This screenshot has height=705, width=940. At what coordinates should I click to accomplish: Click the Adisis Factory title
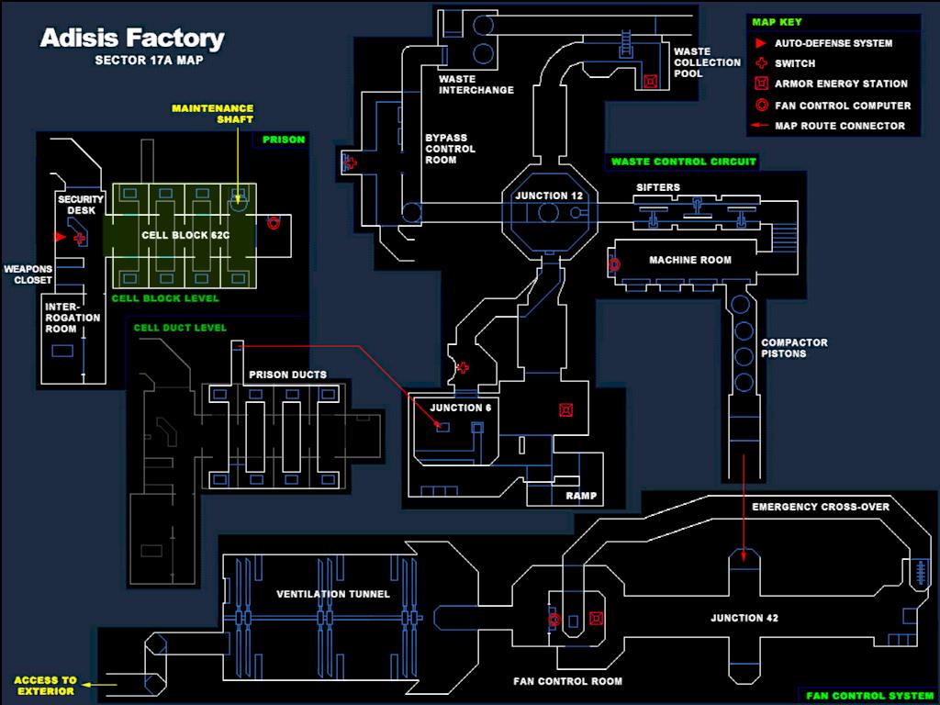pyautogui.click(x=131, y=39)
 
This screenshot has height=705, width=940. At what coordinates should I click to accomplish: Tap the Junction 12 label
pyautogui.click(x=548, y=196)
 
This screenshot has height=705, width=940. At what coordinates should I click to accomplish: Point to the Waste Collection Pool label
pyautogui.click(x=707, y=62)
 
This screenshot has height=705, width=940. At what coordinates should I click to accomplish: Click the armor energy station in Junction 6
pyautogui.click(x=566, y=409)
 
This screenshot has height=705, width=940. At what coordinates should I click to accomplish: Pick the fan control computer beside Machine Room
pyautogui.click(x=613, y=264)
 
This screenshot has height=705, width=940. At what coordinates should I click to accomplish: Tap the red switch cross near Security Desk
pyautogui.click(x=80, y=239)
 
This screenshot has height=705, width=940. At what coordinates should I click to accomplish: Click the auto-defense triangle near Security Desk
pyautogui.click(x=61, y=238)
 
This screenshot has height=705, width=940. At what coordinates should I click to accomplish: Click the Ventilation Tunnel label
pyautogui.click(x=333, y=594)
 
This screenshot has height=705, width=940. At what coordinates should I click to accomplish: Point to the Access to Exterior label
pyautogui.click(x=44, y=685)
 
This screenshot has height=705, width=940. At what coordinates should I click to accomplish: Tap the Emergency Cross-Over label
pyautogui.click(x=821, y=507)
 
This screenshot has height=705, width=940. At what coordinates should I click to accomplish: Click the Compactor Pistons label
pyautogui.click(x=794, y=348)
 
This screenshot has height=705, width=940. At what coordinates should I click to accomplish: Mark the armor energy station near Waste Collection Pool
pyautogui.click(x=651, y=81)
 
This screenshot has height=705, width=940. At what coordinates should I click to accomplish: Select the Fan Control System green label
pyautogui.click(x=869, y=696)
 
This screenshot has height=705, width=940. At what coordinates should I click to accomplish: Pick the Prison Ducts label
pyautogui.click(x=287, y=375)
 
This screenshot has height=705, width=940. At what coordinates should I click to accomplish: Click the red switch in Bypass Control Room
pyautogui.click(x=350, y=163)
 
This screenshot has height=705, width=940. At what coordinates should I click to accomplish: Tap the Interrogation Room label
pyautogui.click(x=61, y=318)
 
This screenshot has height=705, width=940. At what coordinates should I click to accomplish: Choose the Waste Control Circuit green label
pyautogui.click(x=684, y=162)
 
